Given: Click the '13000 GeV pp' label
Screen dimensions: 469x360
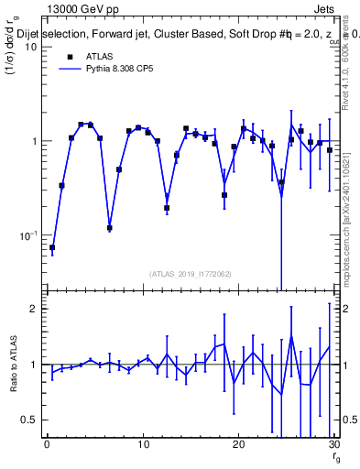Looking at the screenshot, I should [x=76, y=8].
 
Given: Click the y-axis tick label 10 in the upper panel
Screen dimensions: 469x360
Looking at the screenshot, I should [x=29, y=48].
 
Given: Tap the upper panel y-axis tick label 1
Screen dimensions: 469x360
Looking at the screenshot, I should [x=33, y=142].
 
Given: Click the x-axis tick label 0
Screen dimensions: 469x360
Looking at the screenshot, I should [x=47, y=446].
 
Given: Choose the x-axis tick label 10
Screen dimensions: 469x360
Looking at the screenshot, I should [x=142, y=446].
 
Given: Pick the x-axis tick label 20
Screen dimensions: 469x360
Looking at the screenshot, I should [x=238, y=446].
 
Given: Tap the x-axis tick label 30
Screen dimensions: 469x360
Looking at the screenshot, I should [x=333, y=446].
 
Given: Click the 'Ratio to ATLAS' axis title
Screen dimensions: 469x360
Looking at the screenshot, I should [x=13, y=365].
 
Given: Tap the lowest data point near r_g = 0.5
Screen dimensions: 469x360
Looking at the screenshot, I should [x=52, y=247].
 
